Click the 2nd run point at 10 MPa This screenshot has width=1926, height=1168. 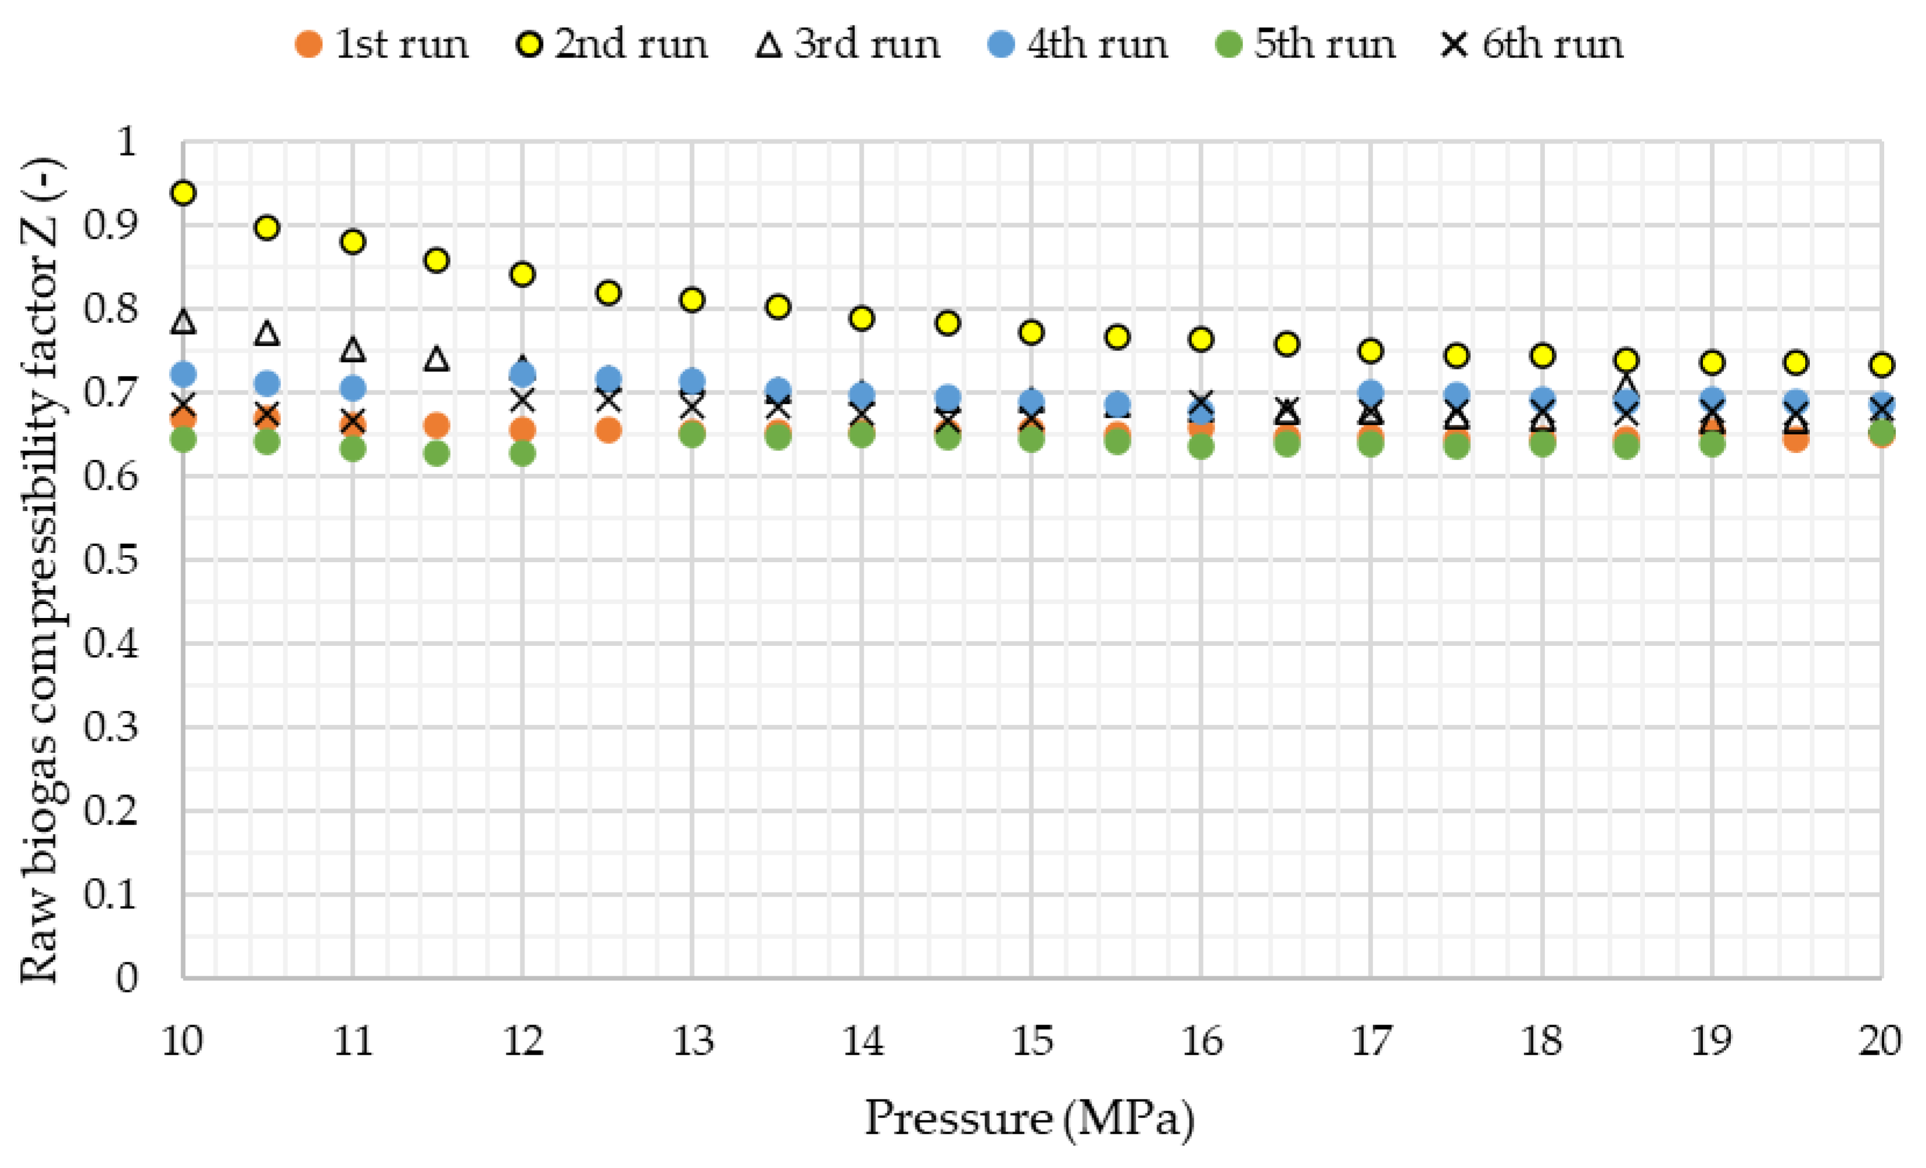click(183, 193)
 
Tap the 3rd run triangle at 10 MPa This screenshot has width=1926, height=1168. click(183, 321)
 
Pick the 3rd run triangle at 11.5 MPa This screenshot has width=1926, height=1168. click(437, 360)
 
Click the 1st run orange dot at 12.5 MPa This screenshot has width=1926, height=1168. click(608, 430)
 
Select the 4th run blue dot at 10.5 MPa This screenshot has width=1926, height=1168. click(267, 384)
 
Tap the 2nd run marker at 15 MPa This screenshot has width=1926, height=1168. click(1031, 332)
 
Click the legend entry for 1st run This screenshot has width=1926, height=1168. click(382, 44)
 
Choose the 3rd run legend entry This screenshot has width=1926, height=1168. click(848, 44)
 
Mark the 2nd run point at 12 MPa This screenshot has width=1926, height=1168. click(522, 274)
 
